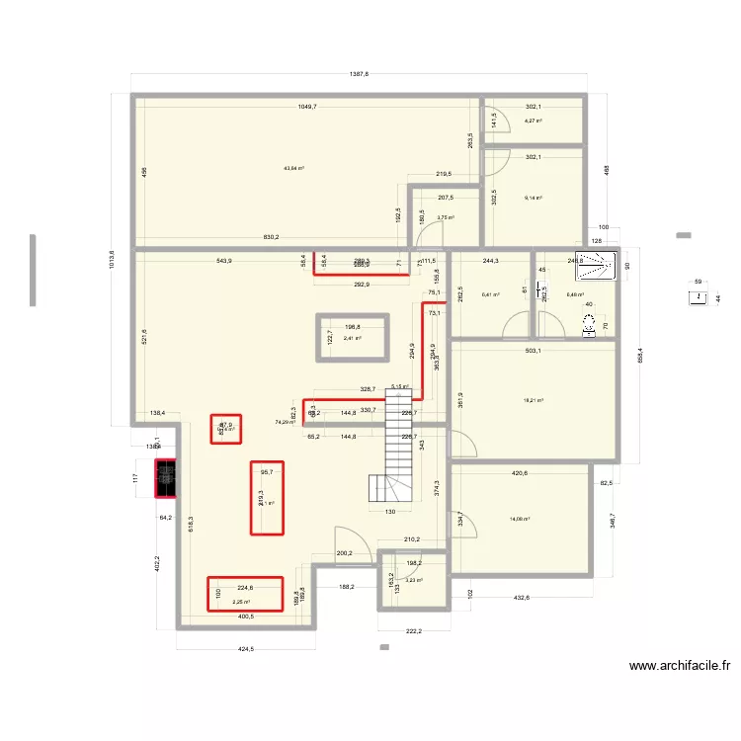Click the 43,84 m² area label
point(293,168)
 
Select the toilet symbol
point(591,323)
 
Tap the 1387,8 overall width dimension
point(359,75)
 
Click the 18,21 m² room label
point(534,400)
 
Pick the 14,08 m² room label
point(520,518)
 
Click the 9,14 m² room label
point(533,198)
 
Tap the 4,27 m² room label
point(533,122)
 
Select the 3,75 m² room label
point(445,217)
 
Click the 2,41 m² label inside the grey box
point(352,339)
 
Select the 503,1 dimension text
point(538,348)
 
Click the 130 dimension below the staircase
point(390,511)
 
